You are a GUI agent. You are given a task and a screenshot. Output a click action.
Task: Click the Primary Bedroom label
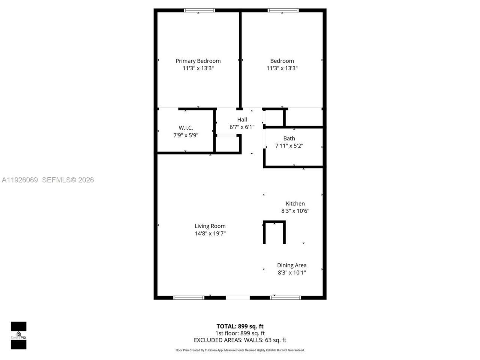[198, 61]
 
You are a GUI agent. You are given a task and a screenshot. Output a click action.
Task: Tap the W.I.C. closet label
[186, 128]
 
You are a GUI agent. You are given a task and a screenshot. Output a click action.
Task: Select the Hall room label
[242, 120]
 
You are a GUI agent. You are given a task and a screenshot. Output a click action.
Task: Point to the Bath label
[289, 138]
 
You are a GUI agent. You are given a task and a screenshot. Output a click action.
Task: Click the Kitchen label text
[295, 204]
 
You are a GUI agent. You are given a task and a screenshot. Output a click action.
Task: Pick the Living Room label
[210, 226]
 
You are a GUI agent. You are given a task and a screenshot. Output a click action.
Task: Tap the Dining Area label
[292, 265]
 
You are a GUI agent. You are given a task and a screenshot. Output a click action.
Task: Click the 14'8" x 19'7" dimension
[210, 233]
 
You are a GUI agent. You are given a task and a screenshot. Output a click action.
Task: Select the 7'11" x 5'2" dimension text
[289, 146]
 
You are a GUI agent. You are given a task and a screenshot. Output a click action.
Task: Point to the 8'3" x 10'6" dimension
[295, 211]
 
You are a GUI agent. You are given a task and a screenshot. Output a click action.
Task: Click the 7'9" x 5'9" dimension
[186, 135]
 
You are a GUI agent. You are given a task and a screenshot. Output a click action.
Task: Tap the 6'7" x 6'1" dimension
[242, 127]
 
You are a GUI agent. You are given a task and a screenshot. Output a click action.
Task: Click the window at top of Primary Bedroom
[199, 10]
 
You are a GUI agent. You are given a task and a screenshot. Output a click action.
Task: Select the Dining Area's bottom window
[285, 298]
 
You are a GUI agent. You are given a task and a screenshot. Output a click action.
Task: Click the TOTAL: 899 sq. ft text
[240, 326]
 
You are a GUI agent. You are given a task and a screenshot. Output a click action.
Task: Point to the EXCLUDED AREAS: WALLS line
[240, 340]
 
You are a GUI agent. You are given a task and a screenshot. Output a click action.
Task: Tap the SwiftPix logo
[18, 335]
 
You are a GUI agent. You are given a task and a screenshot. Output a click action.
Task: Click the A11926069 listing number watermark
[20, 180]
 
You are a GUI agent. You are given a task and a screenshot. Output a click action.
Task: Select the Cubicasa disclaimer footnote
[240, 350]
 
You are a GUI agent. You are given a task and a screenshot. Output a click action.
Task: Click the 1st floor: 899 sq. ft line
[240, 333]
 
